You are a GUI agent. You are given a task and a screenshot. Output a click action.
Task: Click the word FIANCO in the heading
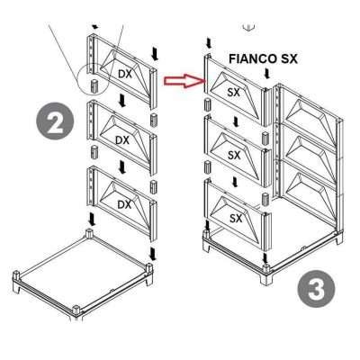pos(242,58)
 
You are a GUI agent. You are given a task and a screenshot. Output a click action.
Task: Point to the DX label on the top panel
pos(125,74)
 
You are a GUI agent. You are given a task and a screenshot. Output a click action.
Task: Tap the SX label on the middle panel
pos(234,155)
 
